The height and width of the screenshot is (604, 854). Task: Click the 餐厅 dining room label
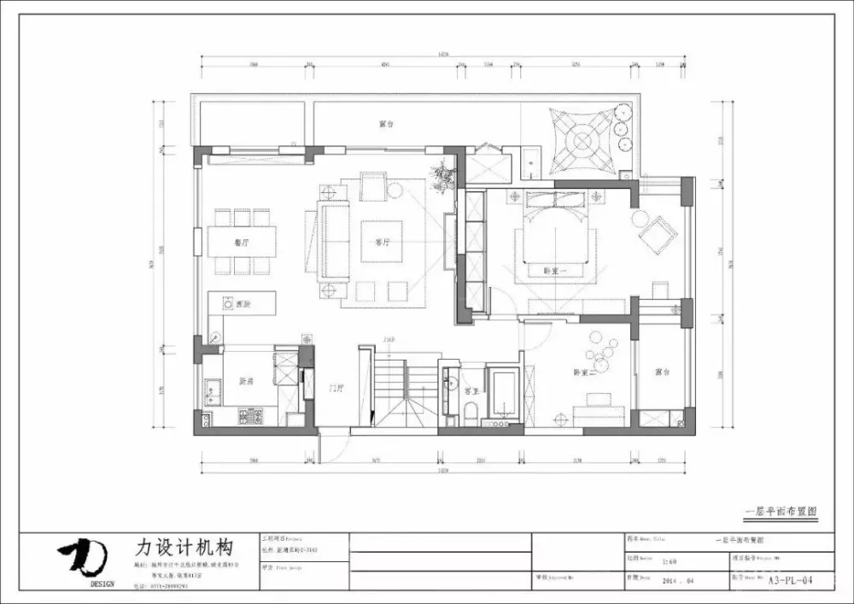click(x=241, y=243)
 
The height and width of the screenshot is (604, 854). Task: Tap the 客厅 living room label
click(x=382, y=243)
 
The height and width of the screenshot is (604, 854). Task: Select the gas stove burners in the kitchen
click(x=250, y=417)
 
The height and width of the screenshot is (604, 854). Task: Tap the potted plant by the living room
click(x=443, y=174)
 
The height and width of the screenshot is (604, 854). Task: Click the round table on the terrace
click(x=583, y=138)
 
